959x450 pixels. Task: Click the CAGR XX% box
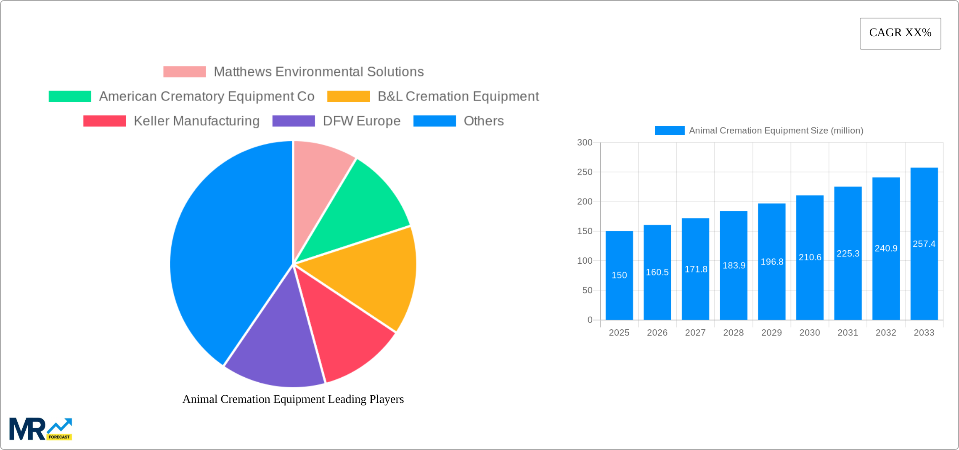(900, 33)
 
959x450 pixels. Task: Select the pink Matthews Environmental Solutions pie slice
(320, 177)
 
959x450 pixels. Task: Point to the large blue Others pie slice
(223, 252)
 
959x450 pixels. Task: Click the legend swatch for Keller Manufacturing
(104, 121)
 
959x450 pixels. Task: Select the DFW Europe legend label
(361, 121)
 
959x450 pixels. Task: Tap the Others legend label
(483, 121)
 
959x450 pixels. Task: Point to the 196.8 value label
(772, 262)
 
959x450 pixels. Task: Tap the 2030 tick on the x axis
(810, 333)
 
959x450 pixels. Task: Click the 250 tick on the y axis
(585, 172)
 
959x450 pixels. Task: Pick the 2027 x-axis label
(695, 333)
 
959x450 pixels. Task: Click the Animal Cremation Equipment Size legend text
(776, 131)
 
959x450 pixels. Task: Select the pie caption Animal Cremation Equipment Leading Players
(293, 399)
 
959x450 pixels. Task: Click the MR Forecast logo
(41, 429)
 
